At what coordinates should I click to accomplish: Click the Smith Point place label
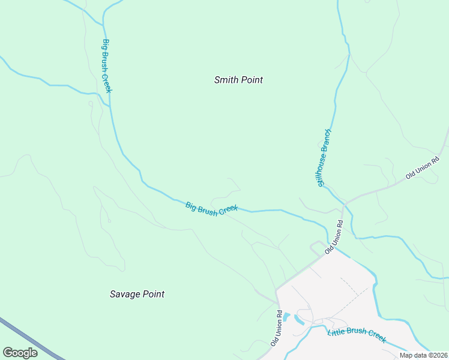(238, 80)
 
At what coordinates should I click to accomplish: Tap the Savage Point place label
(137, 294)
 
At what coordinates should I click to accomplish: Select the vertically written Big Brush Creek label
(107, 66)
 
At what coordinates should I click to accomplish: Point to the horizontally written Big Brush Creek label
(211, 208)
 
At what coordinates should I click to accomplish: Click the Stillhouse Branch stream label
(325, 157)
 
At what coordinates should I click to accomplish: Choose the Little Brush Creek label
(357, 335)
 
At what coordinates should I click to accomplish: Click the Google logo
(20, 352)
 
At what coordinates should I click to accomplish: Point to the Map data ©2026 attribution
(423, 355)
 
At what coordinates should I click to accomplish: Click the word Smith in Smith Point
(227, 80)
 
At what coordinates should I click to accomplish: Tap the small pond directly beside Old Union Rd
(286, 317)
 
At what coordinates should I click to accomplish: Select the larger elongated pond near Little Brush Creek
(299, 320)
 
